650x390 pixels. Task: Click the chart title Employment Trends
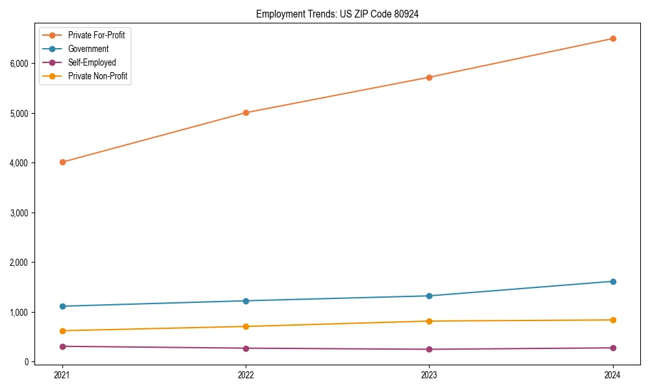[x=337, y=14]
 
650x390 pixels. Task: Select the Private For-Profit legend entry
[x=96, y=35]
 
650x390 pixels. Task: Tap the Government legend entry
[x=88, y=49]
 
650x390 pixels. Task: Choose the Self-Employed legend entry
[x=92, y=62]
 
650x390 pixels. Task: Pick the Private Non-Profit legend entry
[x=97, y=76]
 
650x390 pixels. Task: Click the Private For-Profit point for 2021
[x=62, y=162]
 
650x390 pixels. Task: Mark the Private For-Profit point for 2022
[x=246, y=112]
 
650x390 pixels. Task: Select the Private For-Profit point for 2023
[x=429, y=77]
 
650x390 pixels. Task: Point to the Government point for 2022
[x=246, y=301]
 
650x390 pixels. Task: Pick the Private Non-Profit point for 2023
[x=429, y=321]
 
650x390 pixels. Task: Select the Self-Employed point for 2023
[x=429, y=349]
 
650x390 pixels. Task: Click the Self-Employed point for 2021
[x=62, y=346]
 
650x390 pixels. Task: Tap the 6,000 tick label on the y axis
[x=19, y=64]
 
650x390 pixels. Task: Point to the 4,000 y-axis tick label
[x=19, y=163]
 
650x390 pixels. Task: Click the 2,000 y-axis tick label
[x=19, y=263]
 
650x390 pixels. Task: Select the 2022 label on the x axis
[x=246, y=374]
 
